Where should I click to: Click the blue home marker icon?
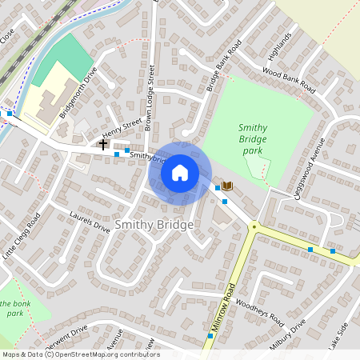click(180, 172)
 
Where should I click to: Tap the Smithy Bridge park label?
click(253, 139)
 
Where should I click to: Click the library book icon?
click(227, 186)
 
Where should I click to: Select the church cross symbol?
click(104, 145)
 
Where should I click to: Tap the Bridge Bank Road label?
click(223, 66)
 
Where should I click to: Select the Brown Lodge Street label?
click(150, 99)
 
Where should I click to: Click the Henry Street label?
click(122, 129)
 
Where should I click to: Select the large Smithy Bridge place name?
click(154, 226)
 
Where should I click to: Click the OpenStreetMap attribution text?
click(81, 354)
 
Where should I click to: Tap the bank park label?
click(15, 308)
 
